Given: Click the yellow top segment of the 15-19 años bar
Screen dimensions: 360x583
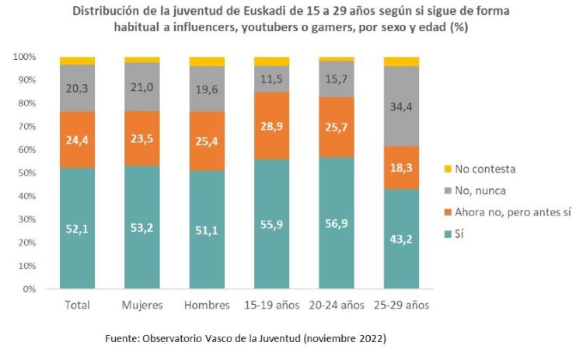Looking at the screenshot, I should coord(271,61).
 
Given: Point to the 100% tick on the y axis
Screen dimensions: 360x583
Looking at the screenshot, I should coord(24,57).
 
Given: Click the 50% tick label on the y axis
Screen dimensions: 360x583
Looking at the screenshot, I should coord(26,173).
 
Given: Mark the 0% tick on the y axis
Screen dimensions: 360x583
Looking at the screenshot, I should coord(29,289).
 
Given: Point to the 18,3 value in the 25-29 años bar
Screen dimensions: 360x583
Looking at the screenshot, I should coord(401,167).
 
